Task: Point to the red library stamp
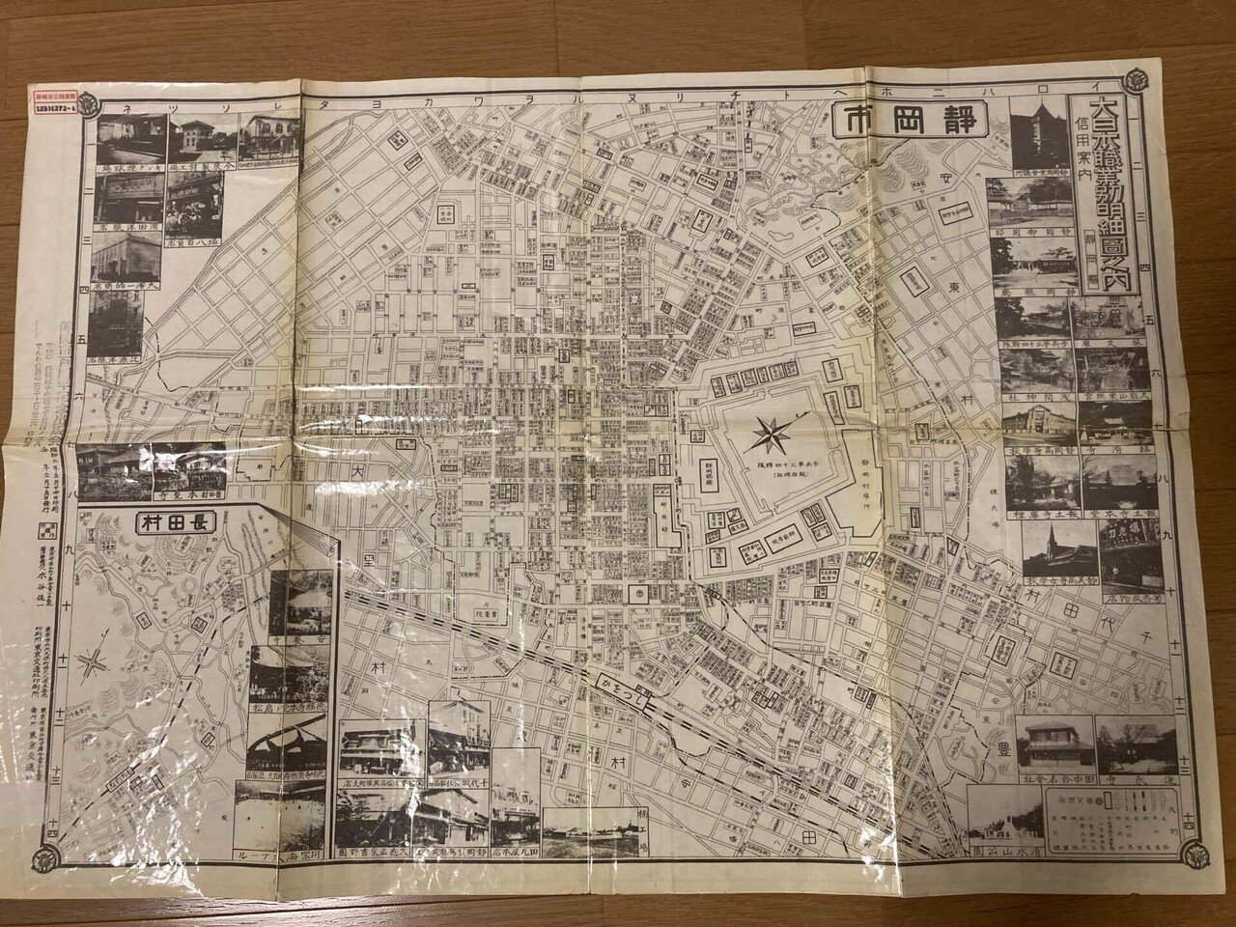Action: pos(56,102)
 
